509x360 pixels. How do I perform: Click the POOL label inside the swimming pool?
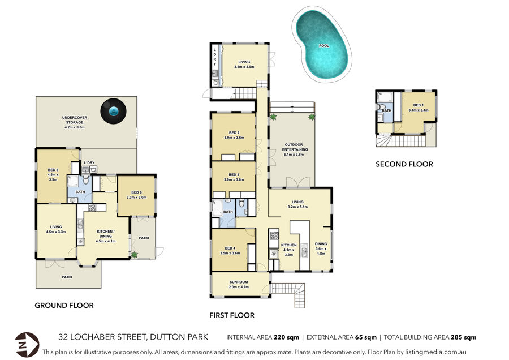point(324,46)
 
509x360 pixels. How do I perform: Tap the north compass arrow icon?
point(27,345)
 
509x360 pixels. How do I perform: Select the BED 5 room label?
point(53,170)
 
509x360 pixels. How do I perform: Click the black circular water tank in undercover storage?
point(113,111)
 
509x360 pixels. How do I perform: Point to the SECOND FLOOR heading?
point(404,164)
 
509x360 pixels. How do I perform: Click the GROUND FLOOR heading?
point(64,306)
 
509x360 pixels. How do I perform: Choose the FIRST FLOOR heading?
point(232,315)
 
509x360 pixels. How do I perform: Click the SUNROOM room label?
point(239,282)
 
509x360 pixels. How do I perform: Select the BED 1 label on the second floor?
point(419,105)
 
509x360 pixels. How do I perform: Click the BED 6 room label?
point(136,192)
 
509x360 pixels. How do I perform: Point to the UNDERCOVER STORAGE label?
point(75,120)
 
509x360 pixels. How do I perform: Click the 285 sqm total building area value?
point(464,337)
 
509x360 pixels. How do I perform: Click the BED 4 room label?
point(230,248)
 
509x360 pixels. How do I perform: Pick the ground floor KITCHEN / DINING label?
point(106,234)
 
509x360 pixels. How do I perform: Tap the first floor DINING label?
point(321,244)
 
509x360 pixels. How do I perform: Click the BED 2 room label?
point(234,133)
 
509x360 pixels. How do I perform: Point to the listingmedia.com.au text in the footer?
point(435,352)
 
